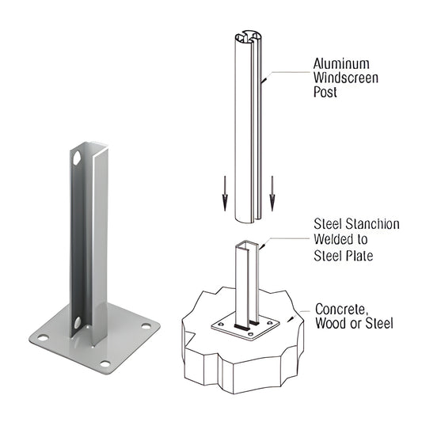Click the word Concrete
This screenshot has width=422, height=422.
[x=340, y=308]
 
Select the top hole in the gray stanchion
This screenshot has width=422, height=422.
[x=77, y=158]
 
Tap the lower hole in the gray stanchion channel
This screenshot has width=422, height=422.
[x=77, y=322]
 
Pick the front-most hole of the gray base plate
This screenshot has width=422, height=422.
[x=105, y=363]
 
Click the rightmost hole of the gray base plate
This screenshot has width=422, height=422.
[x=145, y=323]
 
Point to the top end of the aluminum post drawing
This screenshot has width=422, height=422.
[x=247, y=37]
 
